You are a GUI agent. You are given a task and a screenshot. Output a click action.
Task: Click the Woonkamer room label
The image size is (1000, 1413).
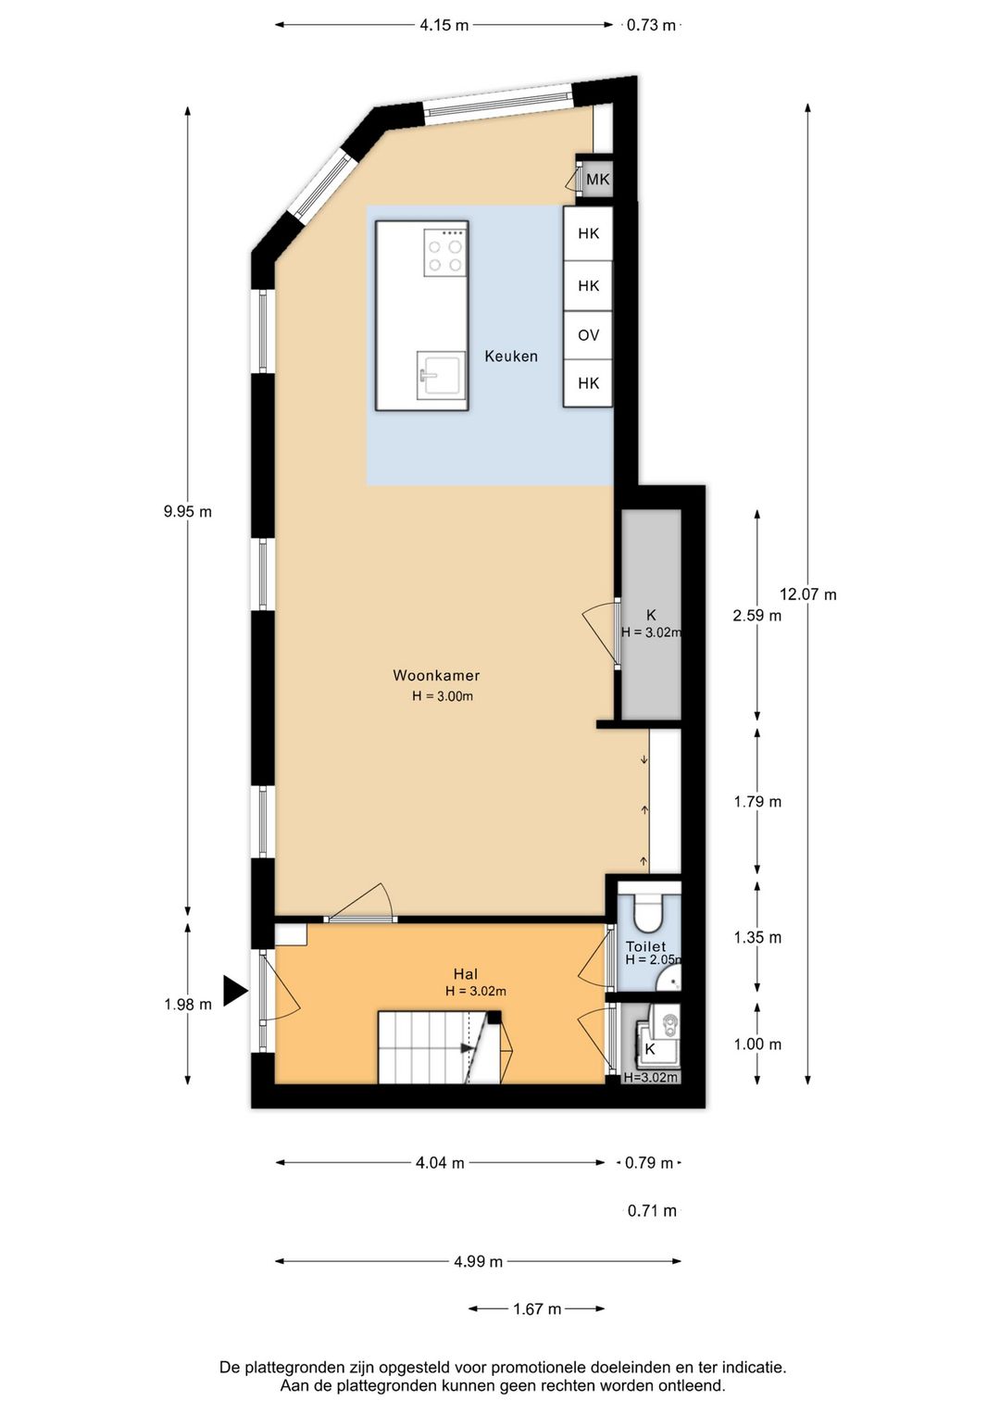coord(436,676)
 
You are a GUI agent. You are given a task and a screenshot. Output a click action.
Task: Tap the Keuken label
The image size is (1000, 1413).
coord(510,356)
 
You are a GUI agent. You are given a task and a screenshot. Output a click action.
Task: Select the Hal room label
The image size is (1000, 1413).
coord(466,974)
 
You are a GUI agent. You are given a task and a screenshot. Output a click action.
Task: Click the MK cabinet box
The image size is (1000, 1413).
coord(597,180)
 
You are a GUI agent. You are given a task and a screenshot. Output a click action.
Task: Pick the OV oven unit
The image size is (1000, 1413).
coord(588,335)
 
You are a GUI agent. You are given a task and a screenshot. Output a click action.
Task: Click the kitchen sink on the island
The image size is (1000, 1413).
coord(441,375)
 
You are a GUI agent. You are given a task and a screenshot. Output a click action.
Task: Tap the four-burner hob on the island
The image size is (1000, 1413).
coord(444,253)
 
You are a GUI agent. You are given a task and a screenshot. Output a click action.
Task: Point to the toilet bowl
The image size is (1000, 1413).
coord(647,912)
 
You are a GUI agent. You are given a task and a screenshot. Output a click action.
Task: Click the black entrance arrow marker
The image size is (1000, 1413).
coord(235,990)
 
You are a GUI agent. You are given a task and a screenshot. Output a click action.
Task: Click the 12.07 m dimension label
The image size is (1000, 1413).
coord(807,594)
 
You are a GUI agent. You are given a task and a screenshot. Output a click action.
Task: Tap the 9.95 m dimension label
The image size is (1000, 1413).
coord(188,511)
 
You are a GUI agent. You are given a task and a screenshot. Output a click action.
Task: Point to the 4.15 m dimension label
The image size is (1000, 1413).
coord(444,25)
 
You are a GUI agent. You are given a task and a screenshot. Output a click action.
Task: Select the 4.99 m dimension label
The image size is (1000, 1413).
coord(478,1261)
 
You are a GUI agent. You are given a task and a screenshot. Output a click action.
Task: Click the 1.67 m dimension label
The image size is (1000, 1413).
coord(537,1309)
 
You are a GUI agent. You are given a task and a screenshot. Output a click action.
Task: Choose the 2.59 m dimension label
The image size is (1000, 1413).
coord(756,616)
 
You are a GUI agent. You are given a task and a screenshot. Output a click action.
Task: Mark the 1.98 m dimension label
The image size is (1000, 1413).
coord(188,1005)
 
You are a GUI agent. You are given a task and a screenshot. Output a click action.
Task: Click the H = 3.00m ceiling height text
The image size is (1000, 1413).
coord(443,696)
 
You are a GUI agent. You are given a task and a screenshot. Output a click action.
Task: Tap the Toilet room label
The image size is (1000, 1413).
coord(645,946)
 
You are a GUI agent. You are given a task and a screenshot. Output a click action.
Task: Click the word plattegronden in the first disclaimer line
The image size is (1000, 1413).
coord(295,1367)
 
